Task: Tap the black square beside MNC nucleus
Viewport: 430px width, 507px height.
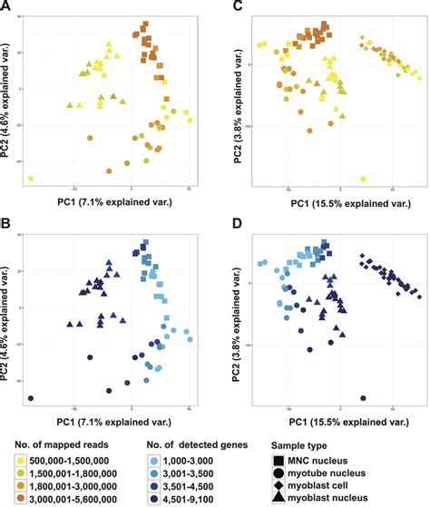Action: [279, 460]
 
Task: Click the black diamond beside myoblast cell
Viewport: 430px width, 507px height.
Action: [279, 485]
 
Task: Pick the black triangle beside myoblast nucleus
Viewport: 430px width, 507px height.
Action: [279, 498]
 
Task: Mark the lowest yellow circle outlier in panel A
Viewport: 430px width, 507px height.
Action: [31, 179]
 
